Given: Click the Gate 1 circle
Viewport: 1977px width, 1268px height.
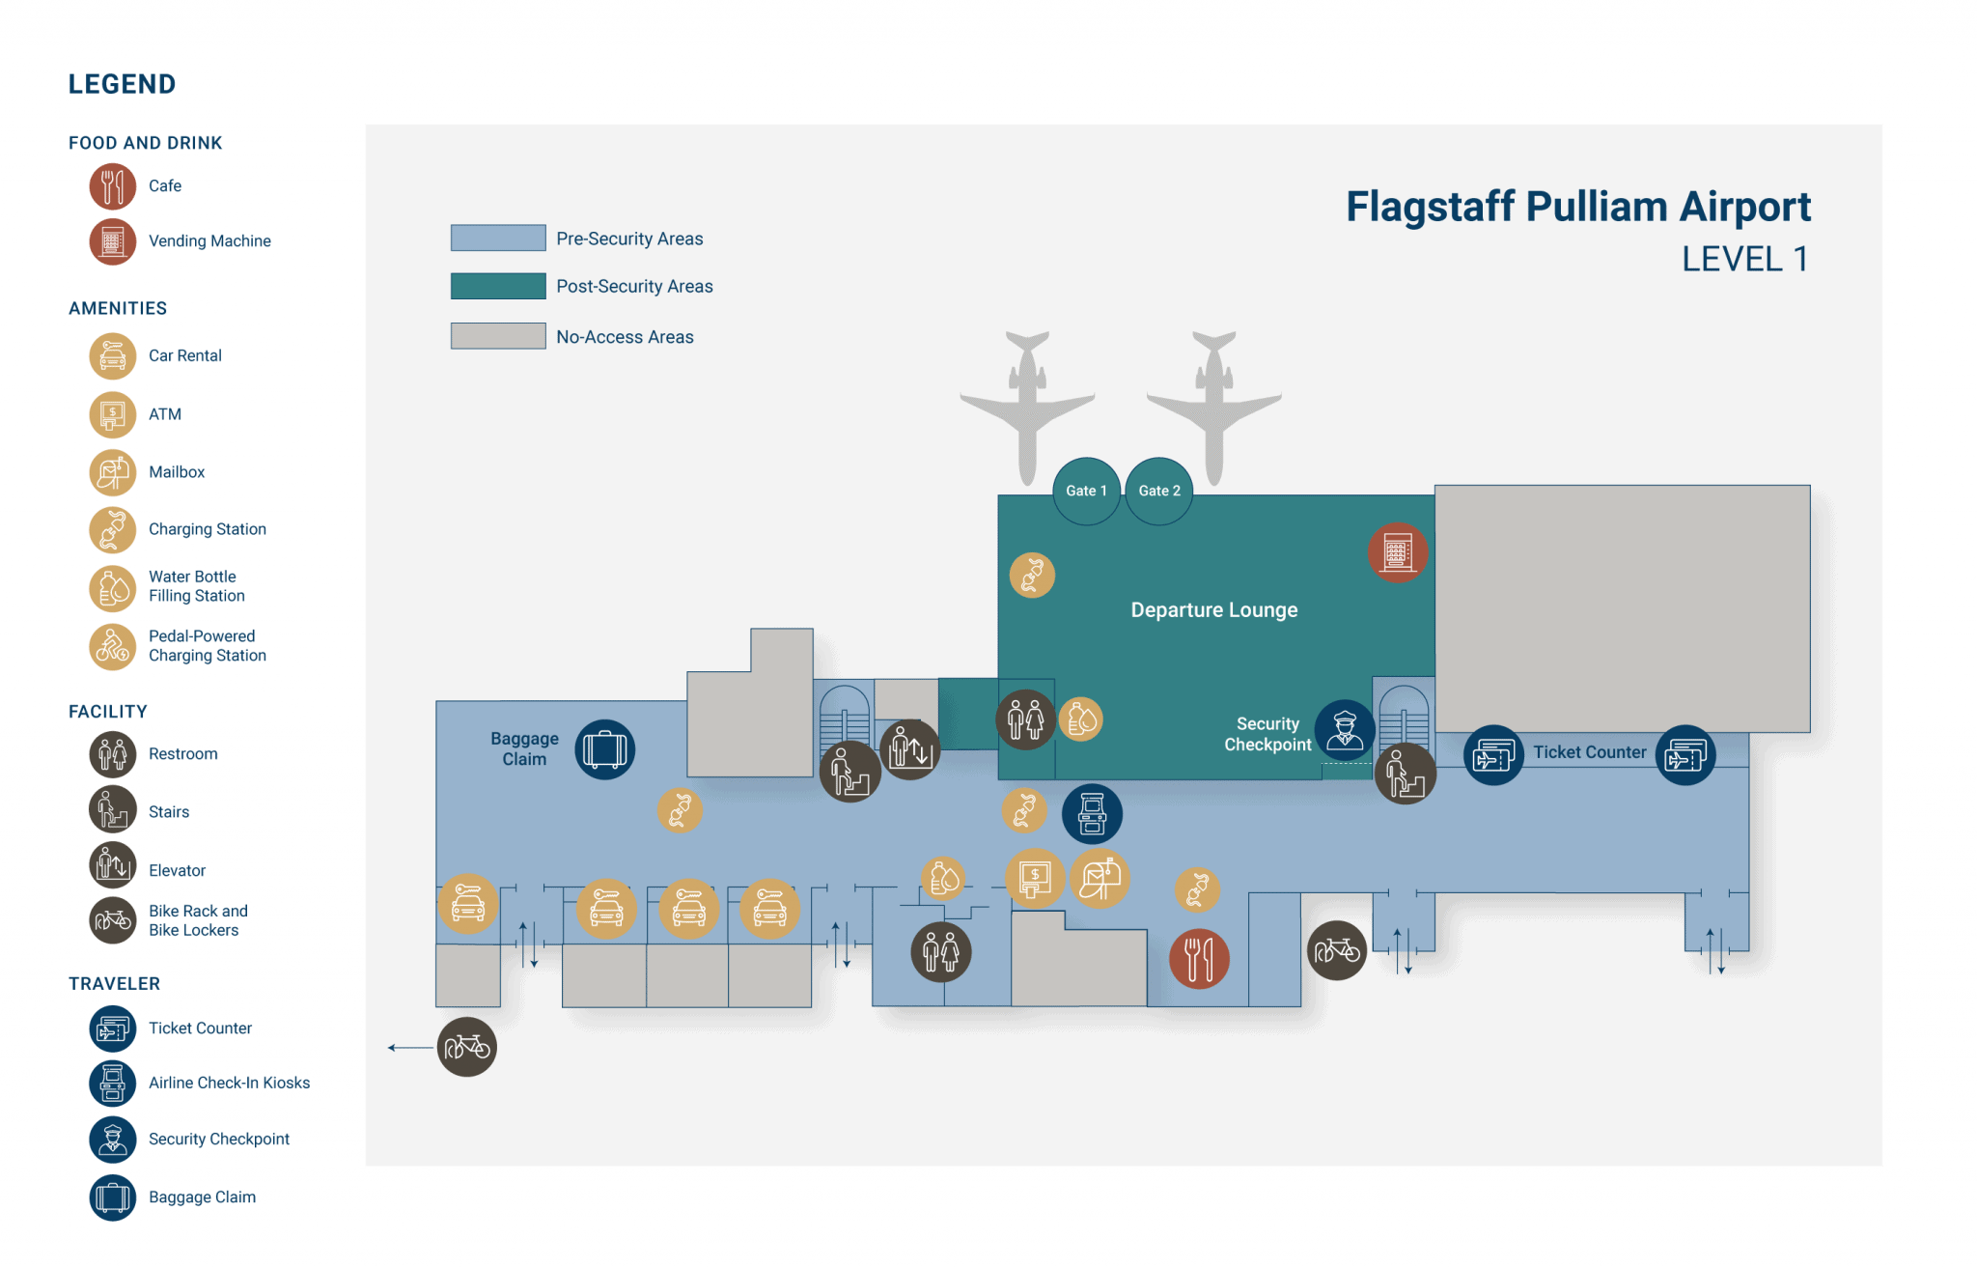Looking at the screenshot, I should (1086, 491).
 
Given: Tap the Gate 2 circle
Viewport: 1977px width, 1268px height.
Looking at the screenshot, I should (1158, 491).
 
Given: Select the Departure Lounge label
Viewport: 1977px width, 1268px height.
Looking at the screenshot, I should (1213, 610).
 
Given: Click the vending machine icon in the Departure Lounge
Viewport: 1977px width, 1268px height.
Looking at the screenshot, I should (1397, 552).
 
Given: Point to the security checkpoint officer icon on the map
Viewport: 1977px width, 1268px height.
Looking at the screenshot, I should (1344, 730).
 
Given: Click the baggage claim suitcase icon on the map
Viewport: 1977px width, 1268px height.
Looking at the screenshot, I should (604, 749).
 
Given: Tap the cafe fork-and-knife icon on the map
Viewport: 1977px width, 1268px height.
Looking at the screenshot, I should (1198, 958).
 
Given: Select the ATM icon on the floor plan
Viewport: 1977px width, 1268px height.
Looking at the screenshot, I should (1035, 878).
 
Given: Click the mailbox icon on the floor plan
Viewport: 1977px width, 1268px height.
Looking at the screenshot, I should (1100, 878).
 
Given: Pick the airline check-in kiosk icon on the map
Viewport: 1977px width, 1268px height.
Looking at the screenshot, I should (1092, 813).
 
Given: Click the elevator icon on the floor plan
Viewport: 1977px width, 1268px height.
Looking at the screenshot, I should (909, 748).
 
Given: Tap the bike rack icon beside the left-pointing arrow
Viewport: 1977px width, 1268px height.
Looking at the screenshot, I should (467, 1047).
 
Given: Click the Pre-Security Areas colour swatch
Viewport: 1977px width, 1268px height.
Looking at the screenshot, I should (498, 238).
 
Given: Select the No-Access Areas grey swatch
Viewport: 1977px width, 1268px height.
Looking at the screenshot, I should (498, 335).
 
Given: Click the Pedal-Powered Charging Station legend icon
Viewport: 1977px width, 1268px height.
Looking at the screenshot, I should (113, 646).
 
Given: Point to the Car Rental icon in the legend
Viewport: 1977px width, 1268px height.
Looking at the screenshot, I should (113, 355).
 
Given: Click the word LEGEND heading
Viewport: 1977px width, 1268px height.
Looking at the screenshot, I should (122, 85).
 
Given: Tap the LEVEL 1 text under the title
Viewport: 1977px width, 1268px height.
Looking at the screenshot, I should (1744, 259).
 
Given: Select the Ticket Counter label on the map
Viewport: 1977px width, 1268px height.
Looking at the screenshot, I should (1589, 752).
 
